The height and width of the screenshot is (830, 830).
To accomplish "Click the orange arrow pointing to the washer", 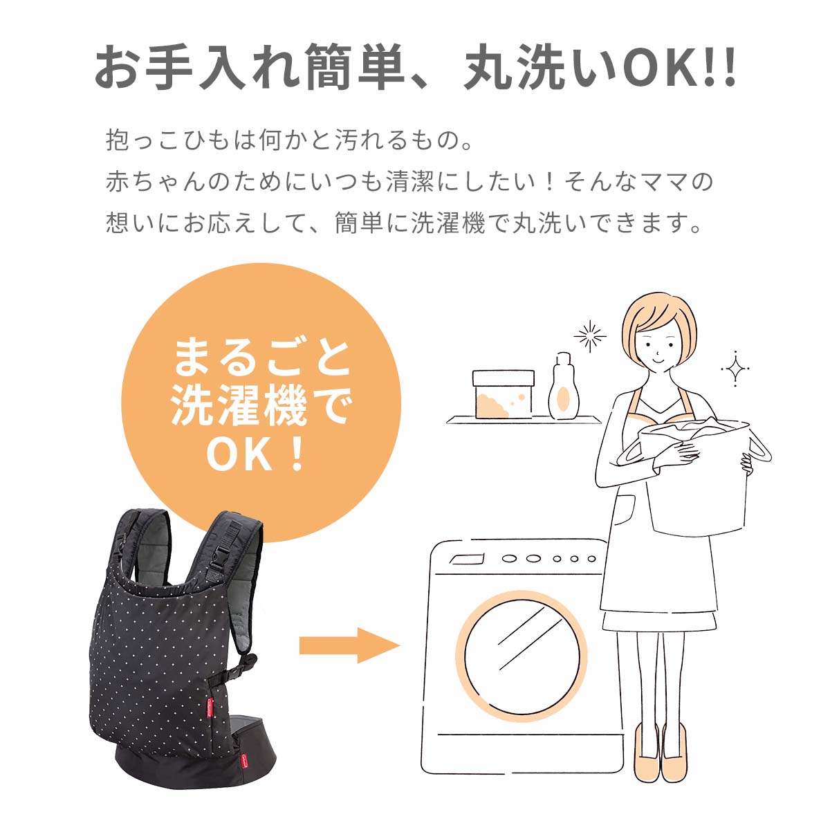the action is coord(350,645).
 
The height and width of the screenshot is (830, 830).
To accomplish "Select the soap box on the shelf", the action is coord(503,394).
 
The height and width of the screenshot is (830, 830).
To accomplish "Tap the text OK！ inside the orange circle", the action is coord(256,454).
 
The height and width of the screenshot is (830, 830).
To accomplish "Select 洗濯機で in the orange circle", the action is coord(261,406).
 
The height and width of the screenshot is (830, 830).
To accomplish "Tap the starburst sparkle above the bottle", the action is coord(590,336).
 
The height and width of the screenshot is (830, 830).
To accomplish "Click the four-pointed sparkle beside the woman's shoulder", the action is coord(735,368).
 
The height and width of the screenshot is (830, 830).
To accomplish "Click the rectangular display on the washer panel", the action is coord(466,559).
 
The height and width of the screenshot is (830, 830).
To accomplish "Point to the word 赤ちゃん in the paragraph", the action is coord(155,182).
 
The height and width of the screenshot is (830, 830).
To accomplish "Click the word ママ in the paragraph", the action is coord(661,182).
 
